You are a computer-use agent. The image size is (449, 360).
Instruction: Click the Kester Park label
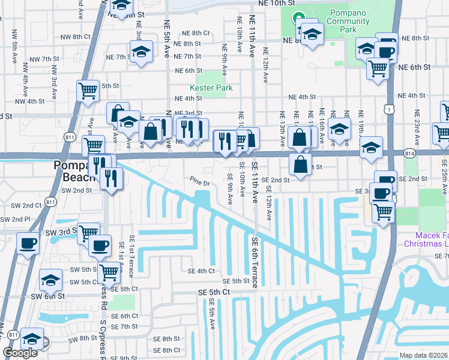tap(211, 88)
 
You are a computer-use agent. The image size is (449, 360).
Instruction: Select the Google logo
tap(20, 353)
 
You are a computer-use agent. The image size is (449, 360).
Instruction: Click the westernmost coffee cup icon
tap(28, 244)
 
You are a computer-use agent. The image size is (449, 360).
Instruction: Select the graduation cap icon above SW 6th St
tap(51, 280)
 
